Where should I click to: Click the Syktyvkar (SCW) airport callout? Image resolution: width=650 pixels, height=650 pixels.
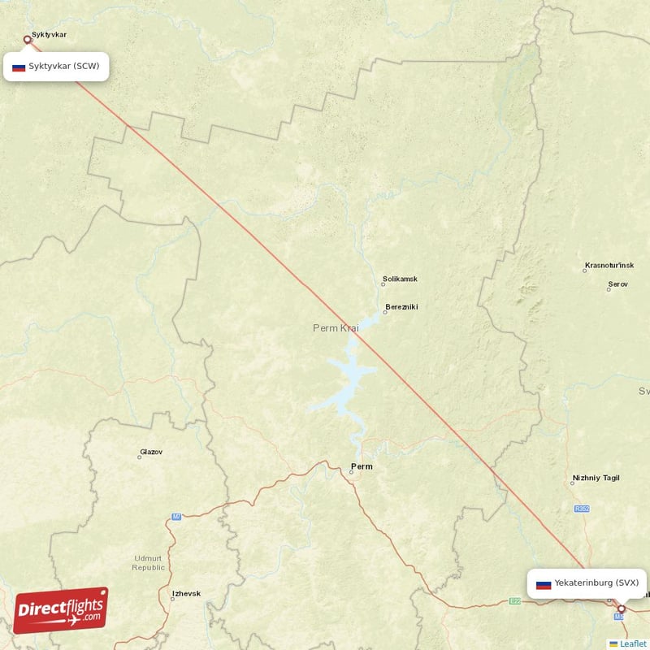click(x=56, y=67)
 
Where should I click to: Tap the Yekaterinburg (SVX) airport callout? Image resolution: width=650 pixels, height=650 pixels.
click(x=587, y=583)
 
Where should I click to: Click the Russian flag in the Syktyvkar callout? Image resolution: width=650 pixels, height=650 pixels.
click(x=19, y=67)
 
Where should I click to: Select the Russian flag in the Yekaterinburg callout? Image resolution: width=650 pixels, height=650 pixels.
click(x=544, y=584)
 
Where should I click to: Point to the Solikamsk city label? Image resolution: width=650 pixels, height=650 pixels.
click(x=400, y=279)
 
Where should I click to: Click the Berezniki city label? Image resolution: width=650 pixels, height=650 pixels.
click(x=401, y=307)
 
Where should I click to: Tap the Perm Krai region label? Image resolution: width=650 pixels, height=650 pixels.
click(x=336, y=328)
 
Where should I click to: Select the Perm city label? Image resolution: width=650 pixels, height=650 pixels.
click(x=362, y=466)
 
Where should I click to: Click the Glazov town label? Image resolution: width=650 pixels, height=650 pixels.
click(x=151, y=452)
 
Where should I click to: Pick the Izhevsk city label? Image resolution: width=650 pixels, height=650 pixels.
click(x=186, y=594)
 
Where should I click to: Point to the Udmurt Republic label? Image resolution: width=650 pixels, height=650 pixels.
click(x=148, y=562)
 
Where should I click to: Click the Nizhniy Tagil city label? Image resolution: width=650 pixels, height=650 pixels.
click(x=596, y=479)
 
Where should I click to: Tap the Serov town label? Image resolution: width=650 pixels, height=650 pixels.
click(x=617, y=285)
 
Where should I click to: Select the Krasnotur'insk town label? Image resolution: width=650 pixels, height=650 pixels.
click(x=609, y=266)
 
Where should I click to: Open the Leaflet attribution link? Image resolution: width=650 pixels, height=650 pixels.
click(x=633, y=643)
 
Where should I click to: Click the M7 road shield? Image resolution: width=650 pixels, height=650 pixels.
click(x=176, y=517)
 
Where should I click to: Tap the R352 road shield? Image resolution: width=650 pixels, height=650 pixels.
click(x=581, y=509)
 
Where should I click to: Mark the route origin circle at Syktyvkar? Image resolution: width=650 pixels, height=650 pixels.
click(x=27, y=39)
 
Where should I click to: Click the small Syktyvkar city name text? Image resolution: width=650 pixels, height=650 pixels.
click(x=49, y=36)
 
